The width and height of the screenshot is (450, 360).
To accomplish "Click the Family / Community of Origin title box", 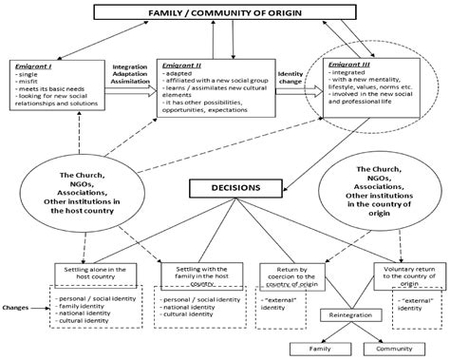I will (225, 13).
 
